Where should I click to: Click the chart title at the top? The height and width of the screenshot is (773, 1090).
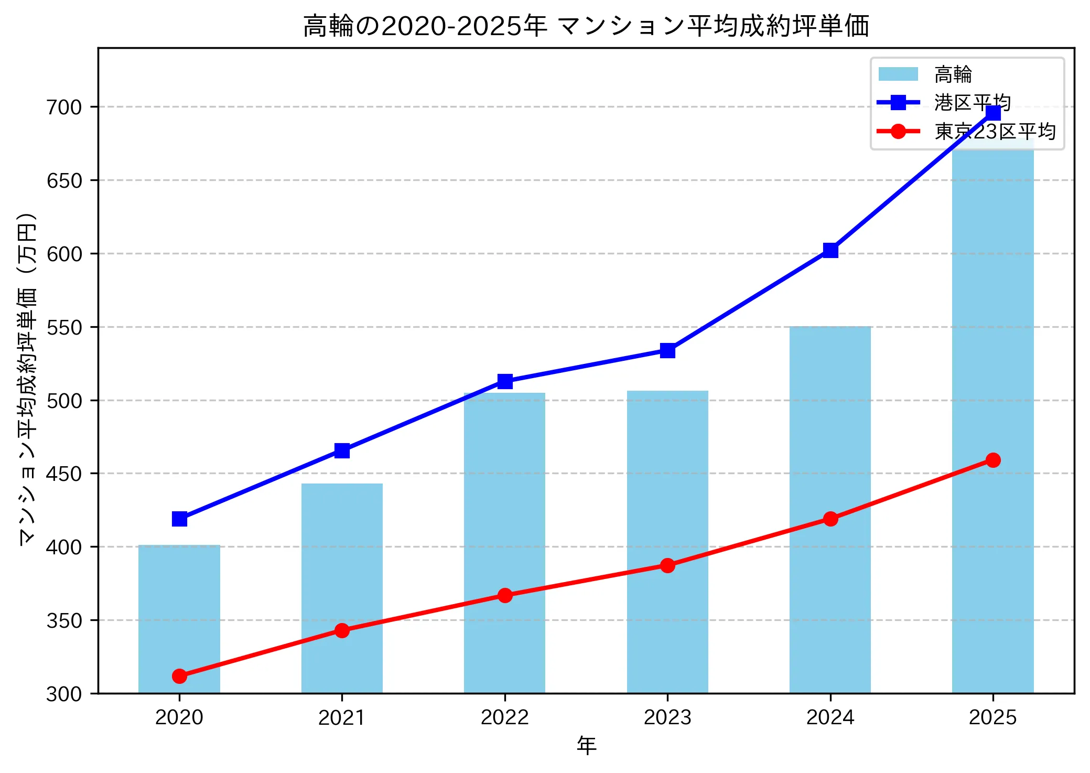coord(586,26)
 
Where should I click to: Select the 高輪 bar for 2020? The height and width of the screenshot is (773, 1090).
coord(179,619)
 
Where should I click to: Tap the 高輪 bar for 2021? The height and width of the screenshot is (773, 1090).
coord(342,587)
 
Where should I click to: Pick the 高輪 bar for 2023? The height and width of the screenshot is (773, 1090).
coord(667,540)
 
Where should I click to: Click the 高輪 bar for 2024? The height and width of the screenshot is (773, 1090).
coord(830,509)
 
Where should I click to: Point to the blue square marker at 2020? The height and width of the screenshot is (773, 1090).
coord(179,519)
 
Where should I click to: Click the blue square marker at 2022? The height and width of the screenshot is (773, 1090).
coord(505,381)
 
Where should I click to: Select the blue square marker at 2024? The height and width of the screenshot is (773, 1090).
coord(830,250)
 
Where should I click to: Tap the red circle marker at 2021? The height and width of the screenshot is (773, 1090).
coord(342,630)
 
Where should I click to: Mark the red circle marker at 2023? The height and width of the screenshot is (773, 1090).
coord(667,565)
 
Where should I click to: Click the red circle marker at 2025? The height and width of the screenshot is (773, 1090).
coord(992,460)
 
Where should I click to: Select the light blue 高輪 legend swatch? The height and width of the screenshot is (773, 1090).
coord(898,74)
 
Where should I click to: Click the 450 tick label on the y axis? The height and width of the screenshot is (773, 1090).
coord(64,474)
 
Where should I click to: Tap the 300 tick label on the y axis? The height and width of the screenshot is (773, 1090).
coord(64,694)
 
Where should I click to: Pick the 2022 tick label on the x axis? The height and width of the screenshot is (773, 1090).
coord(505,717)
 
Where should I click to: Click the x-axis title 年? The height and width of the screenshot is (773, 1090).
coord(586,745)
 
